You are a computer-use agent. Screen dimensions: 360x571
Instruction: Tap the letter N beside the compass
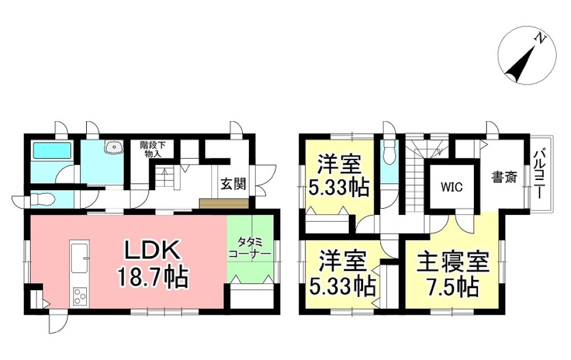[540, 38]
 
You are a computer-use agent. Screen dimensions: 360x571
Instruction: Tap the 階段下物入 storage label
[151, 149]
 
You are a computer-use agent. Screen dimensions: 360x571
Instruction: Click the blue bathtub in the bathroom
[51, 152]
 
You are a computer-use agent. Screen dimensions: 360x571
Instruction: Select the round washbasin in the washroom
[114, 148]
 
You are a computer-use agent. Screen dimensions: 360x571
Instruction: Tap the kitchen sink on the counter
[79, 258]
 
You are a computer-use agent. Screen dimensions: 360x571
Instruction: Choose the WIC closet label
[451, 187]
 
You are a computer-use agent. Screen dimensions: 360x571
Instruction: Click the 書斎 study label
[504, 178]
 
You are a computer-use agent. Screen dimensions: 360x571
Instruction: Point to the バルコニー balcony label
[539, 174]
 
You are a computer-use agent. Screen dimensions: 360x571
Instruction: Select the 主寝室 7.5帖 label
[453, 275]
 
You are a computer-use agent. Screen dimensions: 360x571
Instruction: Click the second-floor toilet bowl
[389, 151]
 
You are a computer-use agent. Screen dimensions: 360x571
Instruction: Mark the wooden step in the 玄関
[224, 203]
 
